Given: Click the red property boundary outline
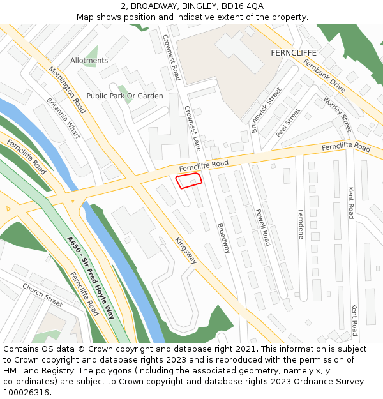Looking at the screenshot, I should point(189,181).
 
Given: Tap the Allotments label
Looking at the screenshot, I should point(89,61).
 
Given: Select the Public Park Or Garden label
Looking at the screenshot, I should point(125,96).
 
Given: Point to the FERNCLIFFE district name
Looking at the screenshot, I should point(294,52).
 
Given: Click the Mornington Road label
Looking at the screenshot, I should point(67,86).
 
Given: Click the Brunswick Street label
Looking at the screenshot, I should point(266,110).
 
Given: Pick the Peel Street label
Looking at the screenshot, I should point(288,123).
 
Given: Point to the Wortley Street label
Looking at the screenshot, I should point(338,114).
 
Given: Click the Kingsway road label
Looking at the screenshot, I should point(186,250).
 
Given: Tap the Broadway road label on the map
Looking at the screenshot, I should point(223,238).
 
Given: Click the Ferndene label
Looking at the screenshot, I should point(301,225).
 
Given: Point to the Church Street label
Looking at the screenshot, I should point(43,294).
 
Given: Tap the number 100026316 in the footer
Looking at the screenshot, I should point(27,392).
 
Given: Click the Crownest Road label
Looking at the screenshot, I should point(171,57).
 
